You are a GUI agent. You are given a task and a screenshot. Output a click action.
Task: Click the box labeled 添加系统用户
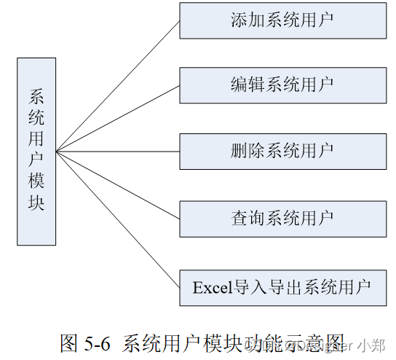[x=282, y=20]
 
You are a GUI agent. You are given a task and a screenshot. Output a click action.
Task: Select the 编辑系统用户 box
[x=282, y=85]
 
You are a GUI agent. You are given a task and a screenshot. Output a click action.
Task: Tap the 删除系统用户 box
[x=282, y=152]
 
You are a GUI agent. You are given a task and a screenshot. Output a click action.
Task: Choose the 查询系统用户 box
[x=282, y=217]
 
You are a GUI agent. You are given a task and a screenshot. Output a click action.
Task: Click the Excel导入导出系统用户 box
[x=282, y=286]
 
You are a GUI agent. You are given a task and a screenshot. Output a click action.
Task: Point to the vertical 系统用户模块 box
[x=36, y=151]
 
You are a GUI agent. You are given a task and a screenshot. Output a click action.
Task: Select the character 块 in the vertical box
[x=36, y=203]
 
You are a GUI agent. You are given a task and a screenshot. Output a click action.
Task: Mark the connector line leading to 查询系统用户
[x=116, y=184]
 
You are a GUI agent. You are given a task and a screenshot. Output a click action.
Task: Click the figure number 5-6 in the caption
[x=98, y=343]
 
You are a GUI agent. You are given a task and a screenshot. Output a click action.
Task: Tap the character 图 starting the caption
[x=70, y=343]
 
